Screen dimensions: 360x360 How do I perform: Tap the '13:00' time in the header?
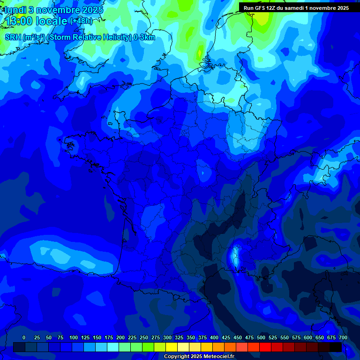19,21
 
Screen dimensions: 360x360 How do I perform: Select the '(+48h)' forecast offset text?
81,21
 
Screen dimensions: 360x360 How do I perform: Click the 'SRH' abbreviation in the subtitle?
13,37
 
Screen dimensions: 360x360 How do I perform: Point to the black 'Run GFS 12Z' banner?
296,8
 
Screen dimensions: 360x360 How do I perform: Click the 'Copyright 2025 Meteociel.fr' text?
199,357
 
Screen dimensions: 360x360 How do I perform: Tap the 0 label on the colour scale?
24,338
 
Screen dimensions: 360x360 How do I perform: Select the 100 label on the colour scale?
74,338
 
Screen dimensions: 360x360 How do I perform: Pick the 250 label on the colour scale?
144,338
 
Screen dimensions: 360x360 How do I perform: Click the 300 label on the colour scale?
167,338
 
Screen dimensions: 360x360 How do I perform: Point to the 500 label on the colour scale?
261,338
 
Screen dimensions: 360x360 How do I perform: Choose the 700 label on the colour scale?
343,338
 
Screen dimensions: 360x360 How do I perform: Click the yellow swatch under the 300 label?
172,347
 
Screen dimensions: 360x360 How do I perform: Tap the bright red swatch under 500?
265,347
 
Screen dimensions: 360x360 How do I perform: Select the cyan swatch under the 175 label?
113,347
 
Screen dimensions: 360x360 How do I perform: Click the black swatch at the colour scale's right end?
336,347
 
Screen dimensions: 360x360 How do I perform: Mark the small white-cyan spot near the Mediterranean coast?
235,255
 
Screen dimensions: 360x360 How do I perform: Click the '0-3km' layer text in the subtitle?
144,37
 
